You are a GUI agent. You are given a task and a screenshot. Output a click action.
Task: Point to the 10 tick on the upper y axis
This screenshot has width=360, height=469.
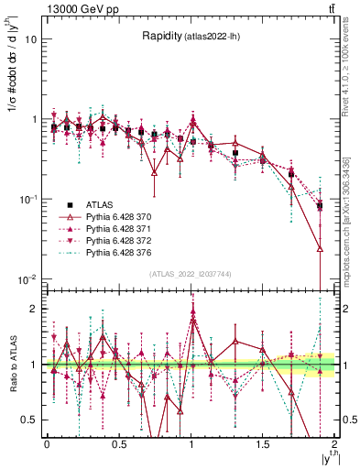[31, 39]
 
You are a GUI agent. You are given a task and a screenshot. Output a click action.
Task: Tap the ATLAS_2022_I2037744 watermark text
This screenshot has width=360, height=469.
[191, 274]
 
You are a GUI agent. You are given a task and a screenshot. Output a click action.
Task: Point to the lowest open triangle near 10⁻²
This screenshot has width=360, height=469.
[320, 248]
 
